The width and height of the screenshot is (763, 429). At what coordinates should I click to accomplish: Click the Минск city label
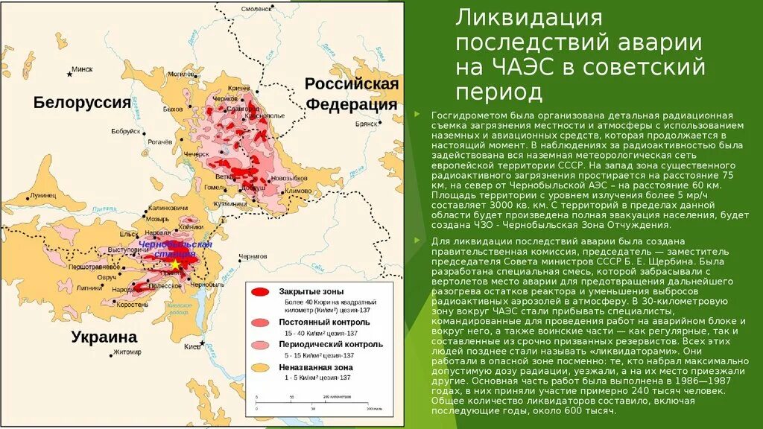click(82, 69)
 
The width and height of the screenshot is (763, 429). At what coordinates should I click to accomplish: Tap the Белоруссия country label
click(82, 103)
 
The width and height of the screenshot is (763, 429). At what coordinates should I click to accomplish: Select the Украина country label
click(104, 337)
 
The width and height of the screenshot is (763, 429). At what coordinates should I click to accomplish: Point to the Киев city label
click(192, 347)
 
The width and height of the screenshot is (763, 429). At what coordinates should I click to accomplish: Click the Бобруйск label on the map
click(125, 131)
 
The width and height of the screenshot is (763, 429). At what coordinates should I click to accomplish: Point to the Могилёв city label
click(182, 74)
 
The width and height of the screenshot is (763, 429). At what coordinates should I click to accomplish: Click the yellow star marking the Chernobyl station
click(174, 264)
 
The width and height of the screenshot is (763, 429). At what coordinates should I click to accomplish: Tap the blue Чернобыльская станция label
click(176, 249)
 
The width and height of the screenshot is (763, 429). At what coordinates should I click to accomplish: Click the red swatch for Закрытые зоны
click(262, 292)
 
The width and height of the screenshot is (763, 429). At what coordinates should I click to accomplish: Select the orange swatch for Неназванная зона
click(262, 367)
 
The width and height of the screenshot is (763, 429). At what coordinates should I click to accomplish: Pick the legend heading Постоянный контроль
click(324, 321)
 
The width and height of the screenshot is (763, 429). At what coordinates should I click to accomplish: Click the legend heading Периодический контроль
click(331, 344)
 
